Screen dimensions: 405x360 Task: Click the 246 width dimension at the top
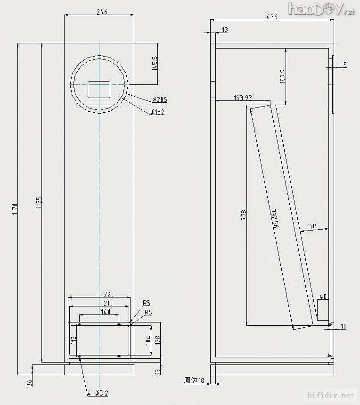click(x=99, y=12)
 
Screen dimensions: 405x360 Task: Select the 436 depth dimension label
click(x=272, y=17)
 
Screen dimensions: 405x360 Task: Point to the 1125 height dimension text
click(x=39, y=203)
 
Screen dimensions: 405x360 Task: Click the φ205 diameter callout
click(x=160, y=99)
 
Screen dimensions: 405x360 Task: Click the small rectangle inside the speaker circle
click(x=99, y=90)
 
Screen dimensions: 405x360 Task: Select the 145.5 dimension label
click(x=154, y=63)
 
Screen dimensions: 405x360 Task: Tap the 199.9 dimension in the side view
click(x=282, y=77)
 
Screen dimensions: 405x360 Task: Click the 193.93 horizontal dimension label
click(x=243, y=98)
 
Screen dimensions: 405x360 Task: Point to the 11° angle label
click(x=312, y=227)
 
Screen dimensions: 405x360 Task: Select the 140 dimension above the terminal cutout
click(x=105, y=312)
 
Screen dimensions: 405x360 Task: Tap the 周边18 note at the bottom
click(x=194, y=380)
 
